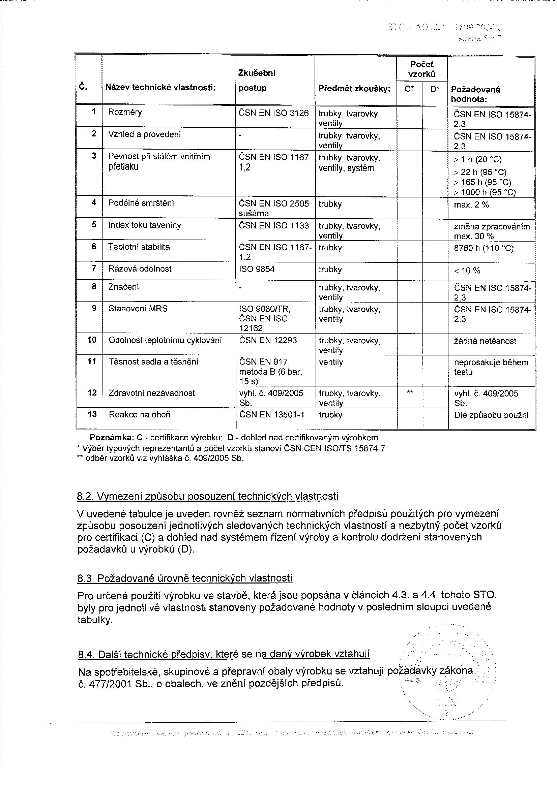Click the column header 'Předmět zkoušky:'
pyautogui.click(x=354, y=89)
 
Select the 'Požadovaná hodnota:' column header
pyautogui.click(x=475, y=94)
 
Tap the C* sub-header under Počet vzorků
pyautogui.click(x=409, y=89)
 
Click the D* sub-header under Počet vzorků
pyautogui.click(x=435, y=89)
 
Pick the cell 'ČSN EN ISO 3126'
pyautogui.click(x=274, y=113)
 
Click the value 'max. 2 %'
pyautogui.click(x=471, y=205)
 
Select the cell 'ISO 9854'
pyautogui.click(x=257, y=270)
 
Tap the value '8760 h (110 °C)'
pyautogui.click(x=483, y=248)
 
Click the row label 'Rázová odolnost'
pyautogui.click(x=140, y=269)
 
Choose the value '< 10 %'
pyautogui.click(x=467, y=271)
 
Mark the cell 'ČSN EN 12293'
pyautogui.click(x=268, y=341)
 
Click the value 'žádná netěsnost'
pyautogui.click(x=485, y=341)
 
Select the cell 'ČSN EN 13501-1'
pyautogui.click(x=272, y=415)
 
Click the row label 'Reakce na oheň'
pyautogui.click(x=140, y=415)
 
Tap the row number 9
pyautogui.click(x=94, y=309)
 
